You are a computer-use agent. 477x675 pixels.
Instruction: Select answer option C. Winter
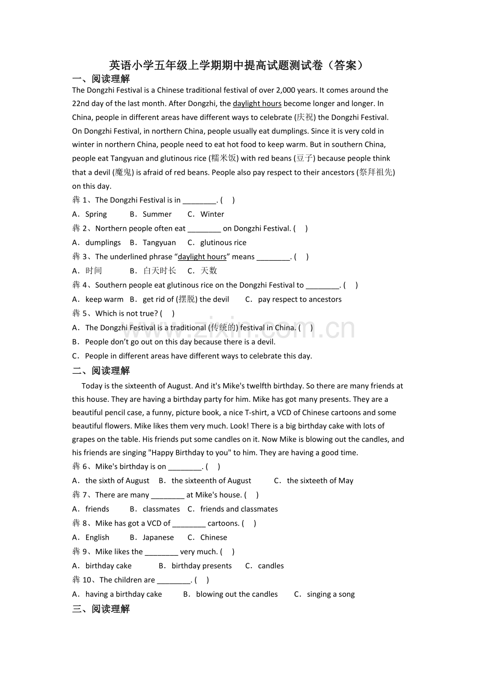point(206,214)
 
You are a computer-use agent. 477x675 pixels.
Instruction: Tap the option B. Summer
point(151,214)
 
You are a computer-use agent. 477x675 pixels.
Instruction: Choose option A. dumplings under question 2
point(97,243)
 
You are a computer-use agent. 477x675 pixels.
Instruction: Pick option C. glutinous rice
point(217,243)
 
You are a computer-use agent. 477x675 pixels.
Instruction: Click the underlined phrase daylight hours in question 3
point(202,257)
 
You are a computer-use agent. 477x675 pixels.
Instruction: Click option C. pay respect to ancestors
point(293,299)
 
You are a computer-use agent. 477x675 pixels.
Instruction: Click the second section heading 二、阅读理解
point(101,371)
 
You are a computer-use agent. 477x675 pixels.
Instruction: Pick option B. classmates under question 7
point(155,509)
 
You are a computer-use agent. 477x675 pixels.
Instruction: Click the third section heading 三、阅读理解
point(101,609)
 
